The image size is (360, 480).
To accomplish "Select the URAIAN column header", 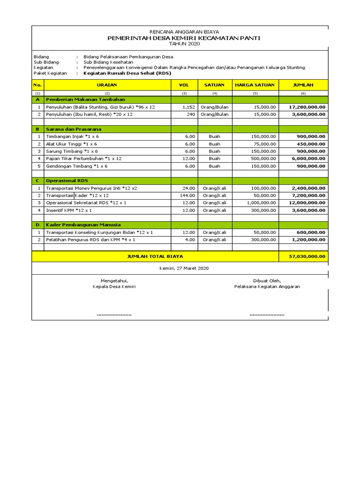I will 107,85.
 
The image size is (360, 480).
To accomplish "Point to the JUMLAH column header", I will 303,85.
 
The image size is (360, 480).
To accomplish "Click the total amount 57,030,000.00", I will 303,256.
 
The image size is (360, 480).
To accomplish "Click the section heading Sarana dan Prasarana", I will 74,129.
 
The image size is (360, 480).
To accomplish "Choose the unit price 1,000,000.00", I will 262,202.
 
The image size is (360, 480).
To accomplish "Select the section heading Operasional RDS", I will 67,180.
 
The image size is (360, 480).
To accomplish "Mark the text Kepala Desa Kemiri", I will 114,286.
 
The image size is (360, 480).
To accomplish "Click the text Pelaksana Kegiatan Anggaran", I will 267,286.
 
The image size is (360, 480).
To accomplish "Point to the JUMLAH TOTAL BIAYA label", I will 155,256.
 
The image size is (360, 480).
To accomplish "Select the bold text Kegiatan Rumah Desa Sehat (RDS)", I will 127,74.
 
